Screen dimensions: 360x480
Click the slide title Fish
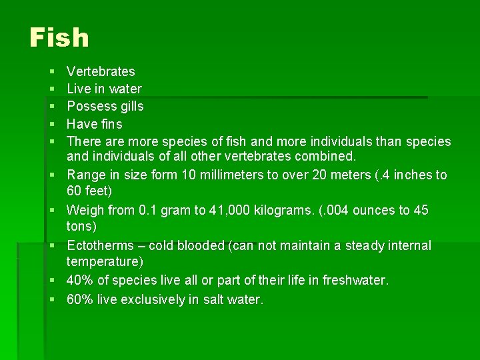pyautogui.click(x=59, y=38)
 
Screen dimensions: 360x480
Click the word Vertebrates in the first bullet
pyautogui.click(x=101, y=71)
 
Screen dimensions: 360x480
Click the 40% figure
pyautogui.click(x=81, y=281)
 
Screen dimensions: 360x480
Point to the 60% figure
pyautogui.click(x=81, y=299)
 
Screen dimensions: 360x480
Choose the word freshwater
pyautogui.click(x=354, y=281)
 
